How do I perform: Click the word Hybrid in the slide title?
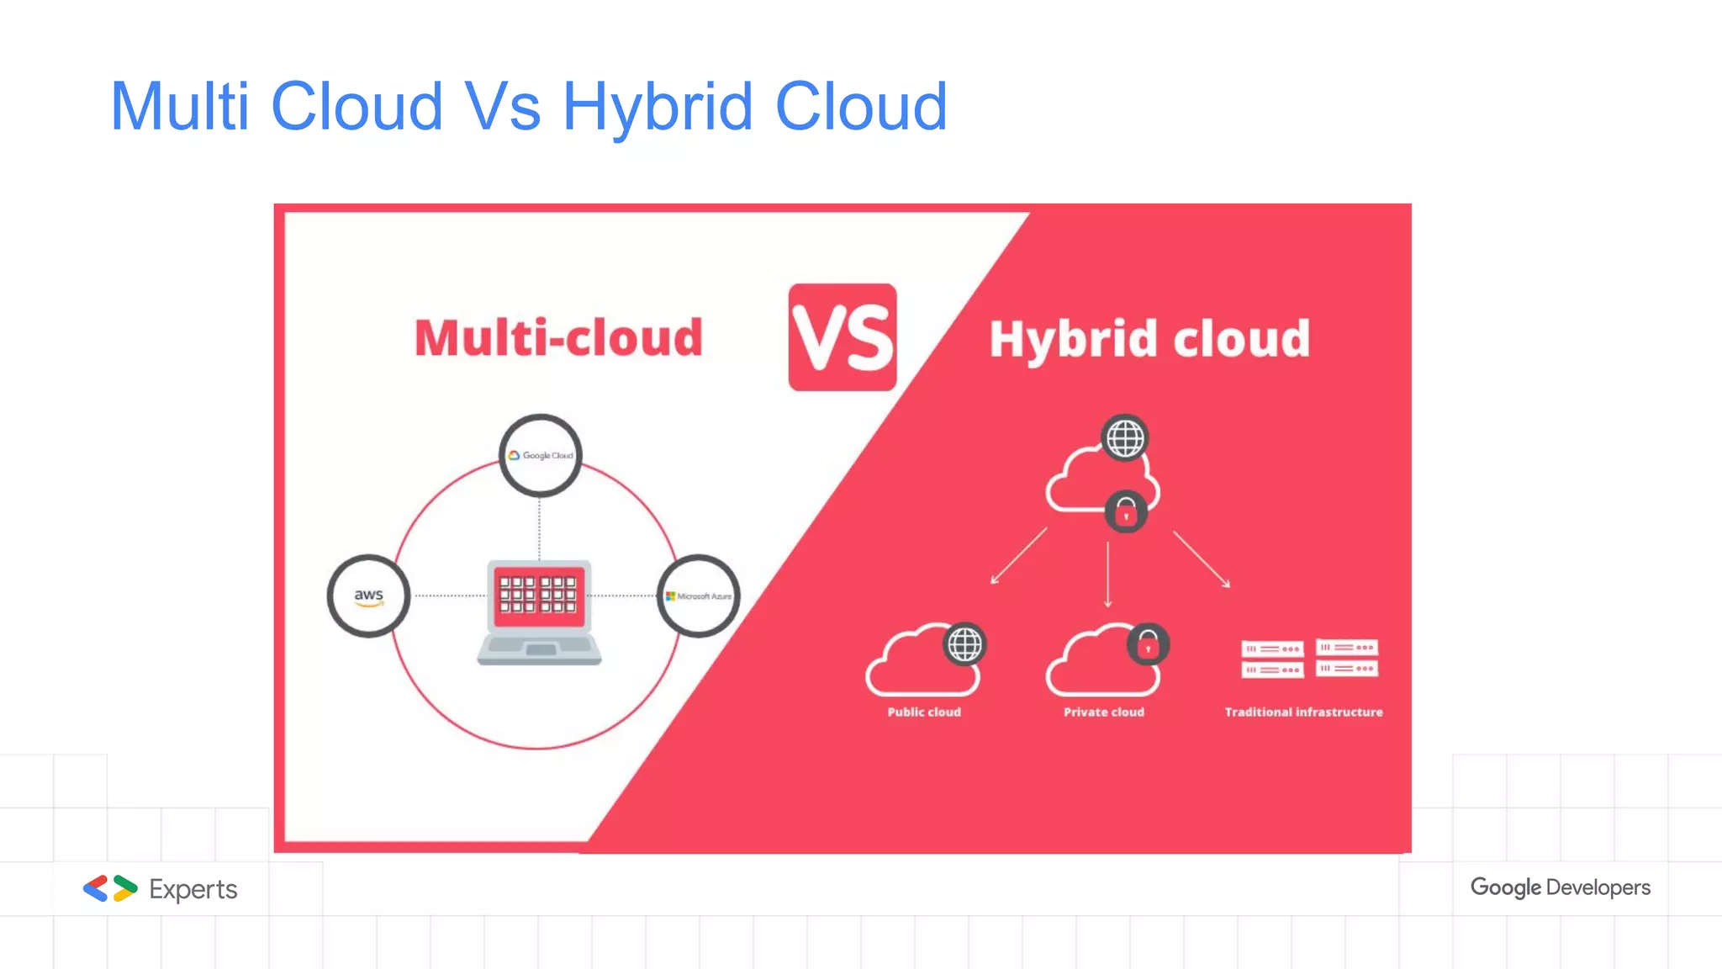[x=658, y=108]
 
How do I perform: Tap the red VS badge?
[x=843, y=337]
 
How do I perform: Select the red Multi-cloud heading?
[x=558, y=338]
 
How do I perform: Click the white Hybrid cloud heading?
[x=1149, y=339]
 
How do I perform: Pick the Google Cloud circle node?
[x=540, y=455]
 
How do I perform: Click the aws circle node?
[x=368, y=596]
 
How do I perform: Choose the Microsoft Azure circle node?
[x=698, y=596]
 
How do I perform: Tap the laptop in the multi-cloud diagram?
[x=539, y=612]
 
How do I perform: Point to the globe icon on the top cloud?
[x=1125, y=438]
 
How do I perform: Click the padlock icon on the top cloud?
[x=1126, y=511]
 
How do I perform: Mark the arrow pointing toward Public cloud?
[x=1018, y=556]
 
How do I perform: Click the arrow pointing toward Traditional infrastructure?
[x=1202, y=559]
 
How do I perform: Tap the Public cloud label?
[x=924, y=712]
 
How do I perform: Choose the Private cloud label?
[x=1103, y=712]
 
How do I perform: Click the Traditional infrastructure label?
[x=1303, y=712]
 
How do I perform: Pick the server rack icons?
[x=1309, y=659]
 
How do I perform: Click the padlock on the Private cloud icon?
[x=1148, y=645]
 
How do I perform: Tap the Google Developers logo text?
[x=1560, y=887]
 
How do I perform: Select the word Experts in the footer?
[x=193, y=889]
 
